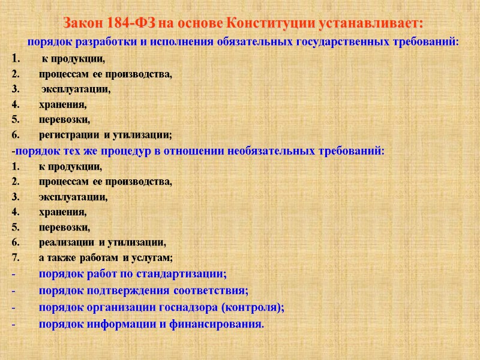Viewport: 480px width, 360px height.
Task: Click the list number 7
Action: point(14,258)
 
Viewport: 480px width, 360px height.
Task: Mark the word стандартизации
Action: point(180,275)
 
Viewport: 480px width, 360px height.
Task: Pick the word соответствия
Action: point(210,292)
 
